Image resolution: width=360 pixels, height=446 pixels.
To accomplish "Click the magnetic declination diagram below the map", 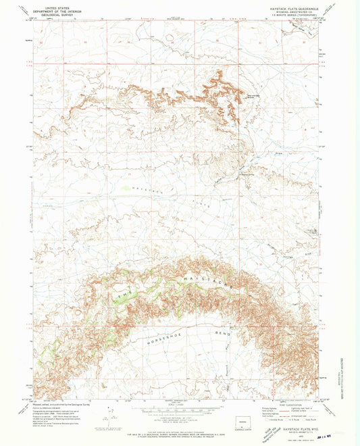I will pos(103,422).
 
